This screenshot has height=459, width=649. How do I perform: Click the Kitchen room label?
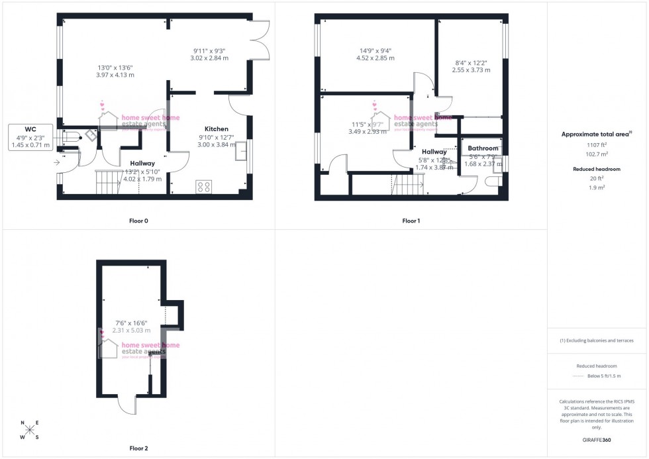(216, 128)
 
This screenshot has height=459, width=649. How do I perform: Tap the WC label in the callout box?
(30, 128)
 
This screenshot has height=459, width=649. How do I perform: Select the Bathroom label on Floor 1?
(483, 148)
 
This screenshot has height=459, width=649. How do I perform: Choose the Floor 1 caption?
(411, 221)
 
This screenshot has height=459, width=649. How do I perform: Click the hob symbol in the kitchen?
(203, 187)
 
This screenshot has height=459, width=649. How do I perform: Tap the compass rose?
(30, 430)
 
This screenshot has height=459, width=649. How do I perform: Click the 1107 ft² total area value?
(597, 144)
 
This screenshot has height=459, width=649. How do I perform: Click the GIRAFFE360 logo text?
(597, 439)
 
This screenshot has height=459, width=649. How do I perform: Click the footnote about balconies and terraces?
(597, 340)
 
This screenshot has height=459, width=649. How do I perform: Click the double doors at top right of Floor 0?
(260, 41)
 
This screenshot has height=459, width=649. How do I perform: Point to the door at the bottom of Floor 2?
(126, 405)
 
